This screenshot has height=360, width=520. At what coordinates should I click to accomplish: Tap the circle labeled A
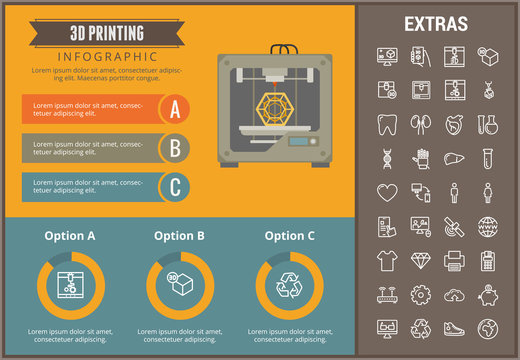(x=176, y=108)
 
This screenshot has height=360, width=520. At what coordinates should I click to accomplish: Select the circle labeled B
(x=176, y=148)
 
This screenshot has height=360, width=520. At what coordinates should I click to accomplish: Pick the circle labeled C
(x=176, y=186)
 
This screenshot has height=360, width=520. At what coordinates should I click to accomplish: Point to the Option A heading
(x=70, y=236)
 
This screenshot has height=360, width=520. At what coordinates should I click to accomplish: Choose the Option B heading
(x=179, y=236)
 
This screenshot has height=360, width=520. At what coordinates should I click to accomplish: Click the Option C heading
(x=290, y=236)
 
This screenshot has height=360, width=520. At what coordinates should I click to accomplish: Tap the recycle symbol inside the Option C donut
(x=290, y=285)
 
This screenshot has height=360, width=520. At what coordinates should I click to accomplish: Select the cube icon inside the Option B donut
(x=180, y=285)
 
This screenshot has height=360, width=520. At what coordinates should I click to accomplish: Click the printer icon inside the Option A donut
(x=70, y=285)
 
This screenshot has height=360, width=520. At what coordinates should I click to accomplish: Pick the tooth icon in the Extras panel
(x=387, y=124)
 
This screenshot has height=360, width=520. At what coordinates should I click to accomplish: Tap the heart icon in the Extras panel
(x=387, y=192)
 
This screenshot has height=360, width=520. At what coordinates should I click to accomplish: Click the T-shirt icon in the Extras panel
(x=387, y=260)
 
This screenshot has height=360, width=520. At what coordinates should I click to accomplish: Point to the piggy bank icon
(x=490, y=294)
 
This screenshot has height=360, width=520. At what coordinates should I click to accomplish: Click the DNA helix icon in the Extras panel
(x=387, y=158)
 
